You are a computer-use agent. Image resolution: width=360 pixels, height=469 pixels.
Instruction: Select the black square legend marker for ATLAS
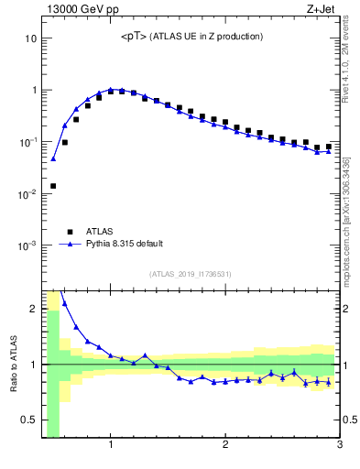(66, 232)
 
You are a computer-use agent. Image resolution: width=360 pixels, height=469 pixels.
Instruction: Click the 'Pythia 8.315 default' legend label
(124, 244)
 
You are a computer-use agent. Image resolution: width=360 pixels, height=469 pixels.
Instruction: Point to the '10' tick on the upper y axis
(29, 39)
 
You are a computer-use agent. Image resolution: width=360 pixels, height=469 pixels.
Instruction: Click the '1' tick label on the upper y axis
(33, 91)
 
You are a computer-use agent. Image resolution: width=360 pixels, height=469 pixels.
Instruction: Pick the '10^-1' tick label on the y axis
(27, 142)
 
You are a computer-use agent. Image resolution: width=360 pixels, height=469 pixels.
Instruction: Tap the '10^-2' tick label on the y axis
(27, 194)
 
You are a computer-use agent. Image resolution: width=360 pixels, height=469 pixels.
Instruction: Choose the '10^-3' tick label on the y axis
(27, 245)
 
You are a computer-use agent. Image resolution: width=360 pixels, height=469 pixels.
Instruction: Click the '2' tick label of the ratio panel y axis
(33, 309)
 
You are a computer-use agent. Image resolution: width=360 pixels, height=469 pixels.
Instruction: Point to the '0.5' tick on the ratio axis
(28, 420)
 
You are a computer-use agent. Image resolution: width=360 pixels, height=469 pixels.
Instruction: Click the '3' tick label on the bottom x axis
(340, 446)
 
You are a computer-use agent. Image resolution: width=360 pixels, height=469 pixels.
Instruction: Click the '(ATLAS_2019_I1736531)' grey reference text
(191, 274)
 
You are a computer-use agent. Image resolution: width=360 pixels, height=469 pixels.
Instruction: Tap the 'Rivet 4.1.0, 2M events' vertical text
(350, 64)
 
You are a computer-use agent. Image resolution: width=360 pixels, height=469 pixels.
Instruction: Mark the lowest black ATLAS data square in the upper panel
(53, 186)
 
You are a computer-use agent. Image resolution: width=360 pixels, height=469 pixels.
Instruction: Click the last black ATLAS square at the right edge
(329, 147)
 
